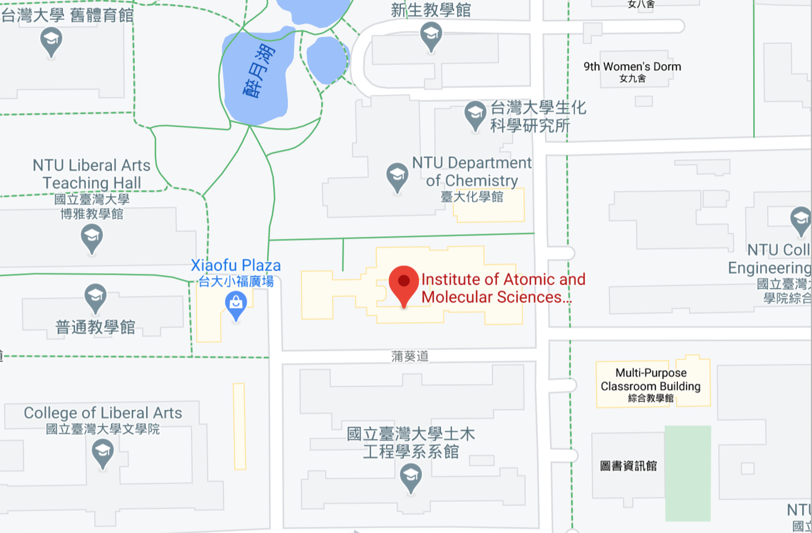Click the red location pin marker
click(404, 284)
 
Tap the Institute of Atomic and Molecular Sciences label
click(503, 288)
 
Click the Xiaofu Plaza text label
click(236, 265)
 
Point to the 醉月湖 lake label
click(259, 71)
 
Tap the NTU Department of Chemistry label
click(472, 172)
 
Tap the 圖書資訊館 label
click(628, 466)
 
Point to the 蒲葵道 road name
click(410, 356)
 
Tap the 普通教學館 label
click(95, 327)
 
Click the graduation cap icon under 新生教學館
click(431, 36)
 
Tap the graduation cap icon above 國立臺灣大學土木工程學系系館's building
click(411, 477)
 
